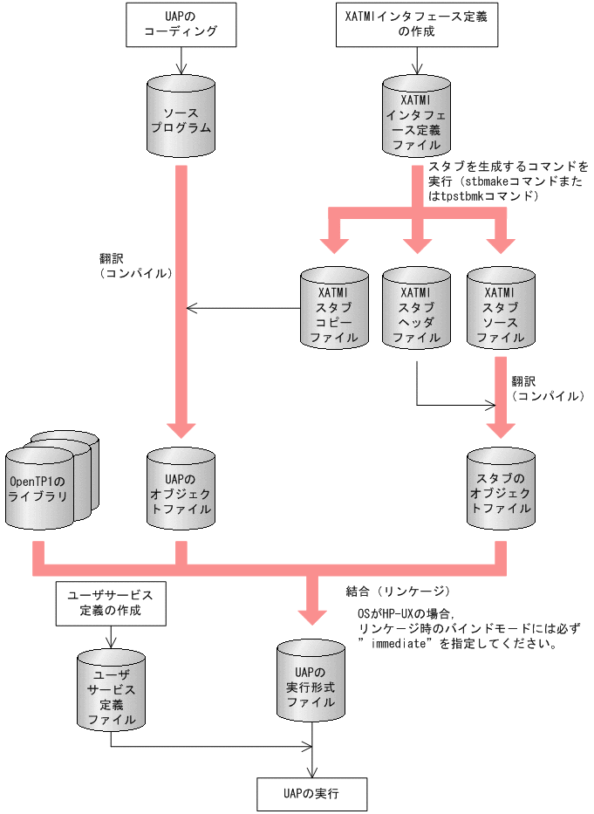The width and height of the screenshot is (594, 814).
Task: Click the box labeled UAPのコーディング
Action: click(x=181, y=24)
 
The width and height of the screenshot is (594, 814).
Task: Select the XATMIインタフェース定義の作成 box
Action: click(x=416, y=24)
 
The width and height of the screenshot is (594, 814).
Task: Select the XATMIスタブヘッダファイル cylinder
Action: click(x=416, y=309)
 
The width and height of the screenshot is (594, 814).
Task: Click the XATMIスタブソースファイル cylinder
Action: click(x=500, y=309)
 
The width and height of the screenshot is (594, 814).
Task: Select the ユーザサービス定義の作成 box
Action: click(x=110, y=603)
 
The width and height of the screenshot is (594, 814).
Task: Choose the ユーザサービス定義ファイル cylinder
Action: click(x=110, y=689)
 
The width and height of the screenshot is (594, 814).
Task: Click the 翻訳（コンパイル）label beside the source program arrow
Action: click(x=136, y=266)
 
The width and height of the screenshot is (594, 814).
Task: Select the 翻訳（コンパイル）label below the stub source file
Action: click(x=548, y=389)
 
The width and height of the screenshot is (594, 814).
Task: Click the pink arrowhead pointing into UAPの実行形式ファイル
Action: click(x=310, y=612)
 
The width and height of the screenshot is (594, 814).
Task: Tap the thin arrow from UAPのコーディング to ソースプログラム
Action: click(x=181, y=61)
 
